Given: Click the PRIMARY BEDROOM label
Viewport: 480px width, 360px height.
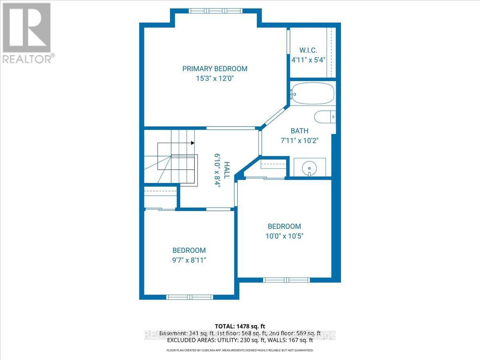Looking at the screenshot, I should coord(215,69).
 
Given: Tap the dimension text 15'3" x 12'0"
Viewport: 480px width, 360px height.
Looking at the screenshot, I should coord(215,79).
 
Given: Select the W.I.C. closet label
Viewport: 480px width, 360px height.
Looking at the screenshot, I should coord(308,50).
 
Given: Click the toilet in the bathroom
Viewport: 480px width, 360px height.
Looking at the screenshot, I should coord(324,117).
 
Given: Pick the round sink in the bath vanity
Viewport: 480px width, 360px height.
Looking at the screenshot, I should coord(310,166).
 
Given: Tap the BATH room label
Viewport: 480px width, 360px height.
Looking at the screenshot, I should coord(299,131).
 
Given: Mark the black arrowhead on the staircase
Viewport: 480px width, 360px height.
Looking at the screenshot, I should coord(193,143).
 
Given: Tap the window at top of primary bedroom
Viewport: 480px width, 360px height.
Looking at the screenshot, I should coord(216,11).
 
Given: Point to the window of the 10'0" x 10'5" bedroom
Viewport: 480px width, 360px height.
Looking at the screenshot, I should coord(286,280).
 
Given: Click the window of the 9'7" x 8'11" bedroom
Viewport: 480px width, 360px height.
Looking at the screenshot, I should coord(190,297).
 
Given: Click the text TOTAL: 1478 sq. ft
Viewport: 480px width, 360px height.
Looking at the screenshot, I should coord(240,326).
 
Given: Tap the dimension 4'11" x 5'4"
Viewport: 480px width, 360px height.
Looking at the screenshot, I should coord(308,60).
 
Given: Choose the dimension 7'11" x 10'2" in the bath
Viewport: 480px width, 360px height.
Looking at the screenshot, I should coord(299,140).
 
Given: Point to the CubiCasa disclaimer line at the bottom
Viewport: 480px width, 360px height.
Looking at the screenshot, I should coord(240,350).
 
